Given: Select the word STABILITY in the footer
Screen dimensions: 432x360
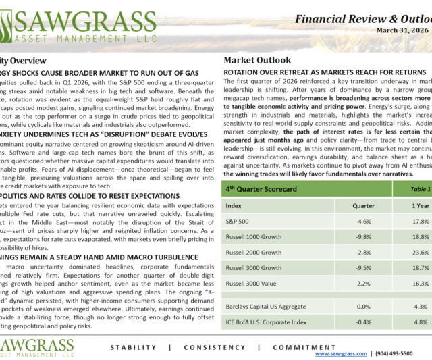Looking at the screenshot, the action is (x=133, y=347).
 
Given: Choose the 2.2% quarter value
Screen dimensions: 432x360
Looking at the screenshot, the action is (x=364, y=284).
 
